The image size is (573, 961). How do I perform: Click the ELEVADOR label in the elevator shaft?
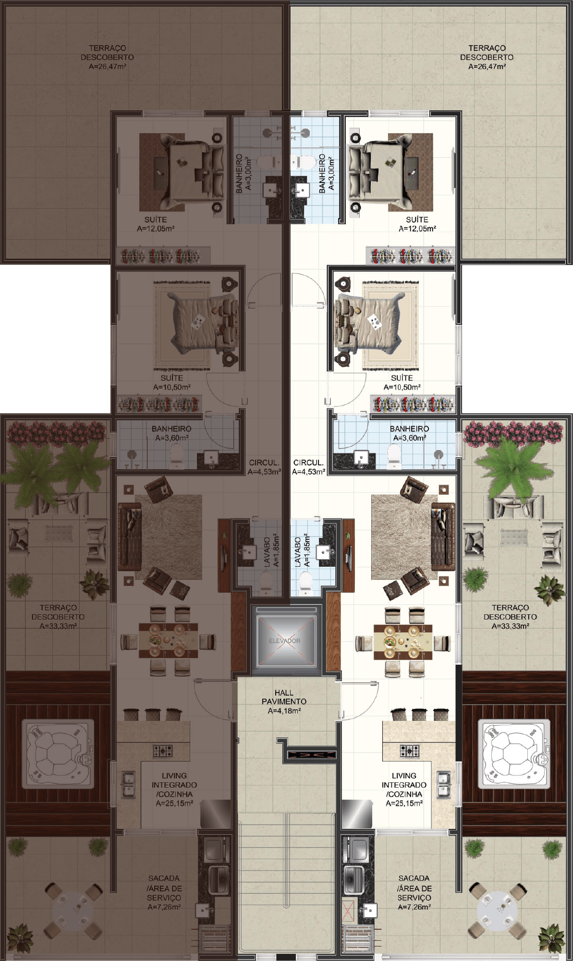click(x=284, y=641)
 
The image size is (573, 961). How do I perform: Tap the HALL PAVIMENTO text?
click(x=284, y=697)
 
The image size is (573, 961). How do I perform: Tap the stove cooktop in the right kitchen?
click(x=409, y=750)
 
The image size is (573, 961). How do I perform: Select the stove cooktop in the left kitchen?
click(x=163, y=750)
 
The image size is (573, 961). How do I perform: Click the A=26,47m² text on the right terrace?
click(x=487, y=66)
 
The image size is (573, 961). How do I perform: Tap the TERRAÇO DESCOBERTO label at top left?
click(x=107, y=52)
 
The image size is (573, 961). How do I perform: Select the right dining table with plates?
click(x=403, y=641)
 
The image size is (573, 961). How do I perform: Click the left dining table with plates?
click(x=168, y=641)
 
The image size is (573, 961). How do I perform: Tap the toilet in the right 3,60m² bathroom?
click(x=394, y=456)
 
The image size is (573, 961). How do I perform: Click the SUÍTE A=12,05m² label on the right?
click(x=417, y=224)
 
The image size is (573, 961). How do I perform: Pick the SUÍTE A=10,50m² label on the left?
click(x=171, y=382)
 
